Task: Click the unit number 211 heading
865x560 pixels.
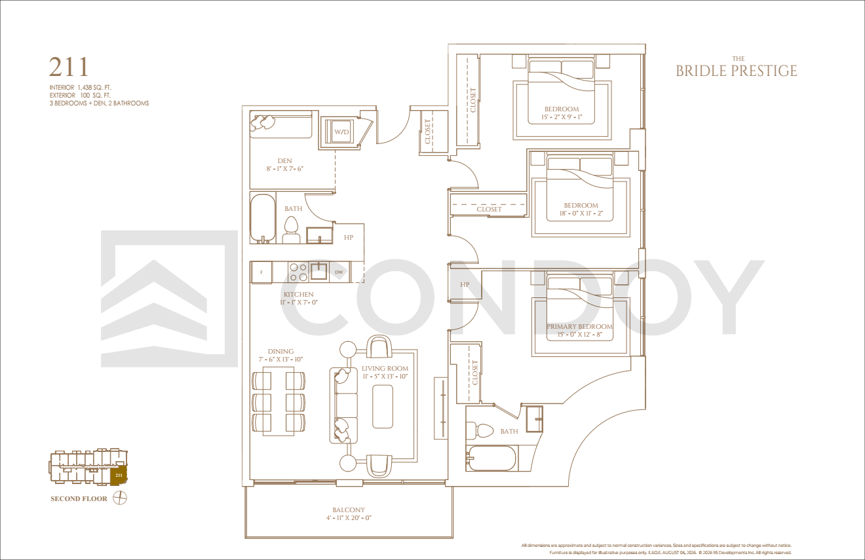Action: pos(69,67)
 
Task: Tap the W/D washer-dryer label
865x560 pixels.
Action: pos(341,132)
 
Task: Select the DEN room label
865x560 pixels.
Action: pos(284,160)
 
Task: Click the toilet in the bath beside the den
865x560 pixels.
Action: pos(291,230)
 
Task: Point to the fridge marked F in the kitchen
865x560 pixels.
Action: pos(261,272)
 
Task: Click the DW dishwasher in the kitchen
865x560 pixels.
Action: pos(339,272)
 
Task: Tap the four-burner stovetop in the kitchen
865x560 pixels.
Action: pos(298,272)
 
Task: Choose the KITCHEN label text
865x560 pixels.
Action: pos(299,294)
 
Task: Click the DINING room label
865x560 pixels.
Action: pos(280,351)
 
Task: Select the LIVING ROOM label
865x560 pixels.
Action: pos(385,369)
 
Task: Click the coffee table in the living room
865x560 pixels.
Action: pos(383,406)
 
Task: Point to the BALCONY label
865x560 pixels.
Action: pos(349,510)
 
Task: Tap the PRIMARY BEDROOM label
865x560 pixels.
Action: pos(580,327)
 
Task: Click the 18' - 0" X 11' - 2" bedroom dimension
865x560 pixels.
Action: pos(581,214)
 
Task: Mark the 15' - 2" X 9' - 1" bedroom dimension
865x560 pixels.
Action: pos(562,117)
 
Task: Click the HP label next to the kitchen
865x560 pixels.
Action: pos(349,237)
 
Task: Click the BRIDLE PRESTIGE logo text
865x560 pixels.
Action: pos(737,71)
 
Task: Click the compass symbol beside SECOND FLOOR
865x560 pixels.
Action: pos(120,498)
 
